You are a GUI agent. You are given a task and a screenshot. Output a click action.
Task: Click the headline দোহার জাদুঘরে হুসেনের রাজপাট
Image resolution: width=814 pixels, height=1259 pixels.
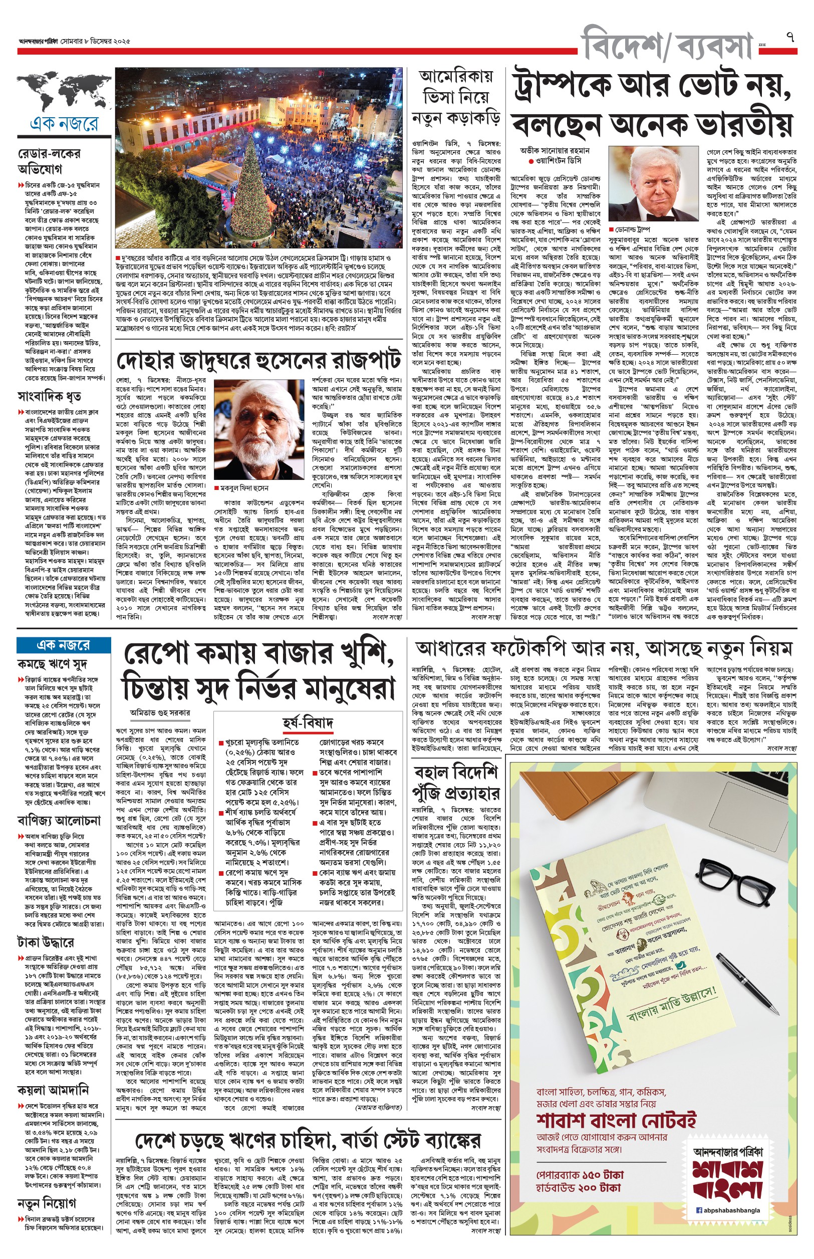pos(258,360)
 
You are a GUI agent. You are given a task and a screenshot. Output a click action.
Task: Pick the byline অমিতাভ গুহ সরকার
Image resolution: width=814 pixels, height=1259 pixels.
pos(160,712)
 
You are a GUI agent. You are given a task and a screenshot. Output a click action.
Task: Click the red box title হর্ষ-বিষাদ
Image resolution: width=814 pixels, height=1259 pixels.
pos(307,722)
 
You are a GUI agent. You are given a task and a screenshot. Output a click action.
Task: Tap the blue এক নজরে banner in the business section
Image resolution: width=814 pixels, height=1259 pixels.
pos(64,645)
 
